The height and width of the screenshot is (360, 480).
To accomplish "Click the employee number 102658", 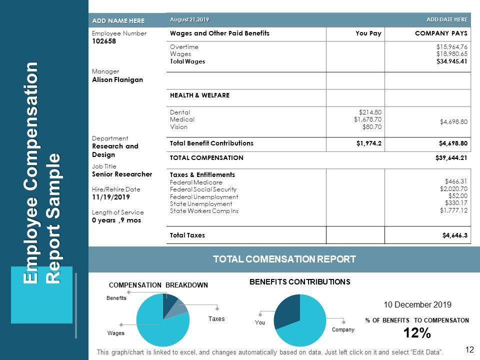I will [104, 41].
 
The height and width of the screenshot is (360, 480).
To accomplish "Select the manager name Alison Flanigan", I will [117, 79].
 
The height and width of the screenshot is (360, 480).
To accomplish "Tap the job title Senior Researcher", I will [122, 174].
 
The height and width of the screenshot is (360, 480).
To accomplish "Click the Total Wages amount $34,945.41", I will [451, 61].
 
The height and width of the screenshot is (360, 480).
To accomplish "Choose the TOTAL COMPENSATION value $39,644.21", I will [451, 157].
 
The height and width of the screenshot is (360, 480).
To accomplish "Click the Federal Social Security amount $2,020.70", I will [453, 189].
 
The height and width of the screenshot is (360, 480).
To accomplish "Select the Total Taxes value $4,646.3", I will [455, 235].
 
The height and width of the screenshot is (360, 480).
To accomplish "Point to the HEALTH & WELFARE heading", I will [199, 95].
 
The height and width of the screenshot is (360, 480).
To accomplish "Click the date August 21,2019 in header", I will [189, 19].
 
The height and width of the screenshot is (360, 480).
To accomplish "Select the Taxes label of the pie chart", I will [216, 319].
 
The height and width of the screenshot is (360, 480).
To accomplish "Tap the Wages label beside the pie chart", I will [116, 332].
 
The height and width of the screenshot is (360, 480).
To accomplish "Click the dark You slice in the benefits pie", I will [288, 307].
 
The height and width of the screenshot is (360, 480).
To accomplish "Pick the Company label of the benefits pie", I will [343, 329].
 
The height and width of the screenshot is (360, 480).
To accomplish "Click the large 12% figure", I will [416, 333].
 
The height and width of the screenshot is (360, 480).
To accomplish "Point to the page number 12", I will [469, 349].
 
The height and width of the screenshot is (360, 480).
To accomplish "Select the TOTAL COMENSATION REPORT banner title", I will [284, 259].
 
